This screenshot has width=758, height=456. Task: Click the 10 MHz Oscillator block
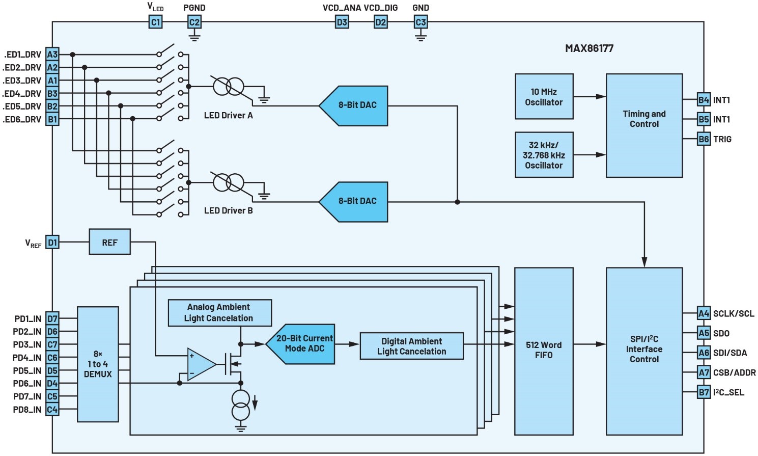pyautogui.click(x=544, y=97)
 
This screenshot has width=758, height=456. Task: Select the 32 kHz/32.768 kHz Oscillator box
pyautogui.click(x=544, y=155)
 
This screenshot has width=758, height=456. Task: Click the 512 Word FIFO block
pyautogui.click(x=544, y=351)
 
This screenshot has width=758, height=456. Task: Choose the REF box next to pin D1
pyautogui.click(x=109, y=242)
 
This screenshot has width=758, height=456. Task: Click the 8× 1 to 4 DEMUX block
pyautogui.click(x=98, y=364)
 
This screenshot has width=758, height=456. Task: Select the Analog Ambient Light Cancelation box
pyautogui.click(x=219, y=313)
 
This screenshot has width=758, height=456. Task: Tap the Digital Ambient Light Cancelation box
pyautogui.click(x=411, y=346)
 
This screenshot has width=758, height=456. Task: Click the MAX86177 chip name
pyautogui.click(x=589, y=48)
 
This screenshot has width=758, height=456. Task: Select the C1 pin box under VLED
pyautogui.click(x=155, y=22)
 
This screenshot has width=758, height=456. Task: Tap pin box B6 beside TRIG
pyautogui.click(x=704, y=139)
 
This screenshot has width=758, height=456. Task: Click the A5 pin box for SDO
pyautogui.click(x=704, y=333)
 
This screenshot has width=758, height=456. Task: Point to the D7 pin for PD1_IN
pyautogui.click(x=52, y=319)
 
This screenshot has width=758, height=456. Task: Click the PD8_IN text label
pyautogui.click(x=27, y=410)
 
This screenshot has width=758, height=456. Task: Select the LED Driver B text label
pyautogui.click(x=228, y=210)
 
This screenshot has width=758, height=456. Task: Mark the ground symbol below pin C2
pyautogui.click(x=194, y=36)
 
